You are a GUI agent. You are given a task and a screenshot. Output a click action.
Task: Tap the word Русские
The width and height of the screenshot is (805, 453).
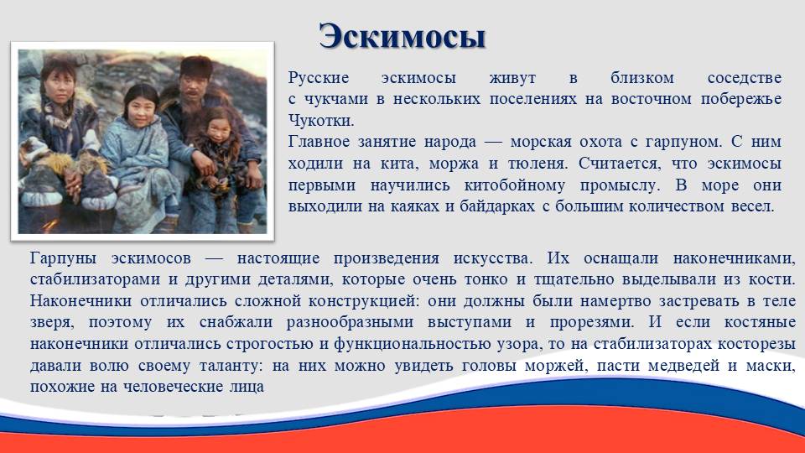[319, 78]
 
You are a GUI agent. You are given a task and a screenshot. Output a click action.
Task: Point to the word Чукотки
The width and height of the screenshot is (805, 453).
[321, 121]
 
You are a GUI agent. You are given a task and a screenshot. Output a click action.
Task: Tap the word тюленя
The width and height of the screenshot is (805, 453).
[538, 164]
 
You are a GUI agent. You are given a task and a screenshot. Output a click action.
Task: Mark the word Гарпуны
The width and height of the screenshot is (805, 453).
[63, 258]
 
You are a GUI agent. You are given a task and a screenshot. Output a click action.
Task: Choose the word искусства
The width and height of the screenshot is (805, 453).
[493, 258]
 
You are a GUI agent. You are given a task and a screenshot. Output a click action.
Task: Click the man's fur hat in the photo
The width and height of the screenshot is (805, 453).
[197, 66]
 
